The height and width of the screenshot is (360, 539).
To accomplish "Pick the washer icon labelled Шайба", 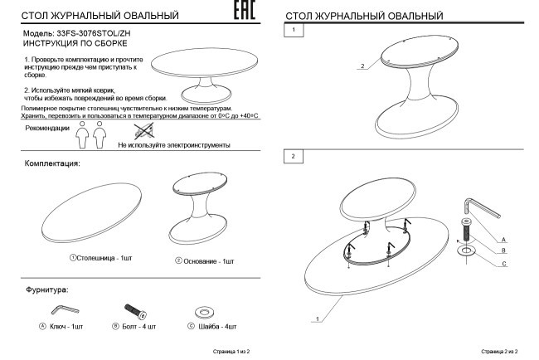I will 202,312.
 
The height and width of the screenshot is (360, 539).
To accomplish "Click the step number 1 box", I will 293,30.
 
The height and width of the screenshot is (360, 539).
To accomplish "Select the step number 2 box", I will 293,155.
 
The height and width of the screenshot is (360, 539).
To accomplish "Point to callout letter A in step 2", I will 503,240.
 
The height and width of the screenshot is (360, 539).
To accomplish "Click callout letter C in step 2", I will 503,264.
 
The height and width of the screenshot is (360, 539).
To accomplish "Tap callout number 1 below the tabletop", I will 317,318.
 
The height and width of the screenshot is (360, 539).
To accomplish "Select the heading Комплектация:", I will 52,163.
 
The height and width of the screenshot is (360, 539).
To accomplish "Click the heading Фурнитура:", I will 47,289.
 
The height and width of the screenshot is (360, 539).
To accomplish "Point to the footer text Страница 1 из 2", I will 231,352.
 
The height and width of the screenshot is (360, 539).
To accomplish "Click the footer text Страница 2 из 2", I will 499,352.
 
